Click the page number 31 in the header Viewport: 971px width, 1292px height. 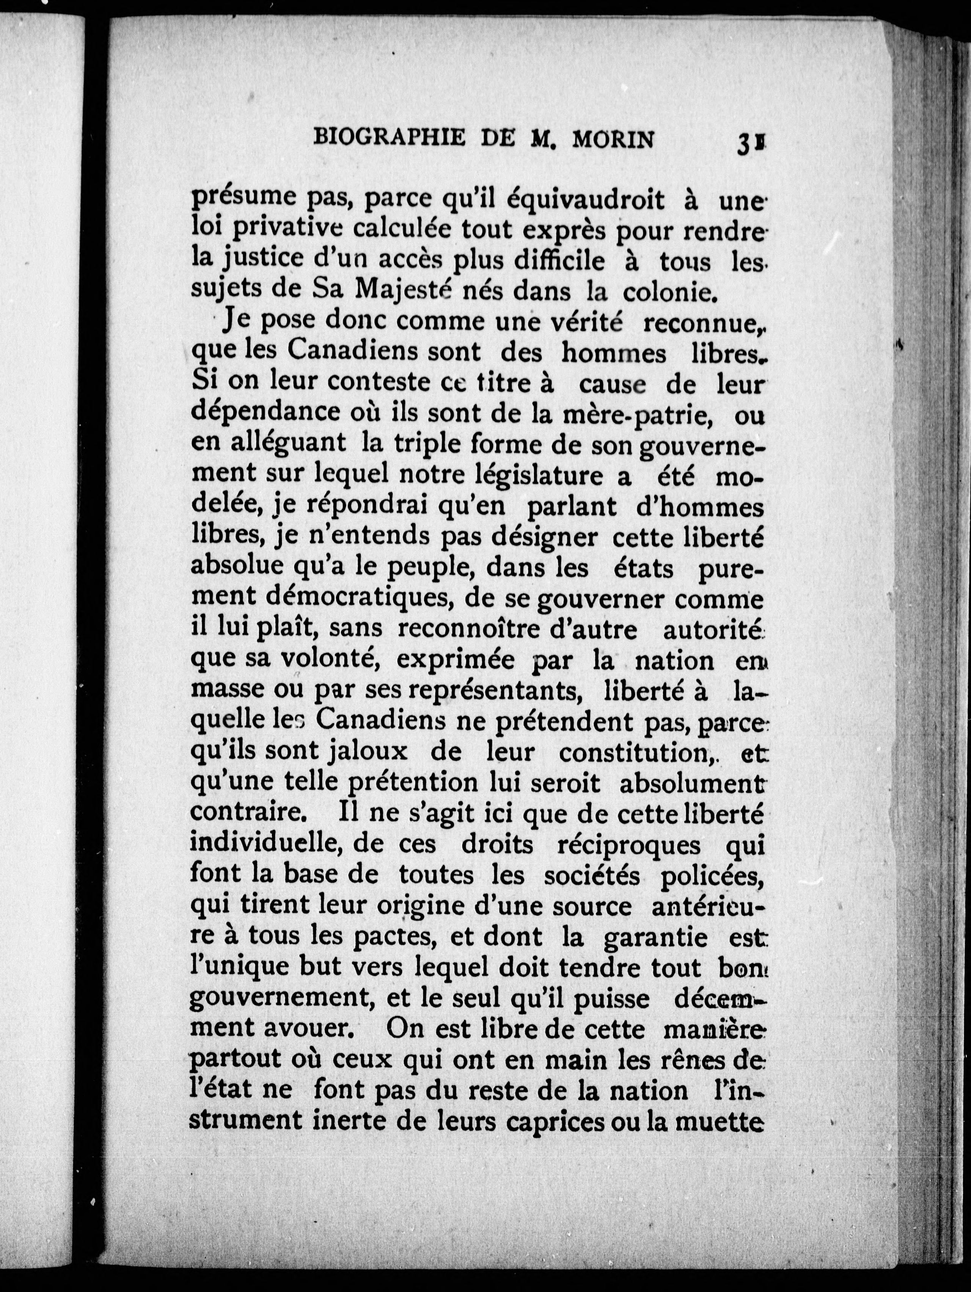751,143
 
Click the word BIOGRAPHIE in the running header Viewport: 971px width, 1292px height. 389,138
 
